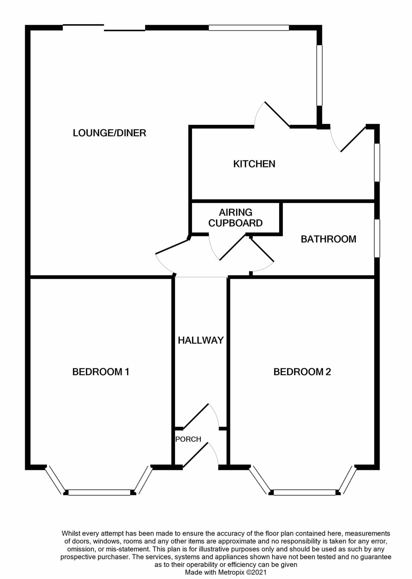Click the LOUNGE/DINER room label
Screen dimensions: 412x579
tap(109, 133)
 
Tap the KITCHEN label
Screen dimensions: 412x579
tap(254, 164)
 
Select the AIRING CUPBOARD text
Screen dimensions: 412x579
tap(235, 218)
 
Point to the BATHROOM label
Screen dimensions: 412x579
tap(328, 239)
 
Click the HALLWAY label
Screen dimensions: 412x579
tap(201, 340)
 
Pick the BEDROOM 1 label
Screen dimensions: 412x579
tap(101, 372)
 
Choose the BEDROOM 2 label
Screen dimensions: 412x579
tap(302, 372)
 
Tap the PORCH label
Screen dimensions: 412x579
tap(188, 439)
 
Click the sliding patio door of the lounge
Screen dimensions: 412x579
tap(104, 28)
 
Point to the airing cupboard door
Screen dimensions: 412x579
tap(232, 247)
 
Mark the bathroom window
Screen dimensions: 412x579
tap(377, 238)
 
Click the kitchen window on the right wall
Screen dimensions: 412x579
tap(377, 162)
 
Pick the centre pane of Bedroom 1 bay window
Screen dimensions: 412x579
tap(99, 492)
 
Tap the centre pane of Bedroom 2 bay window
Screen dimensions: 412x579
tap(304, 492)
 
